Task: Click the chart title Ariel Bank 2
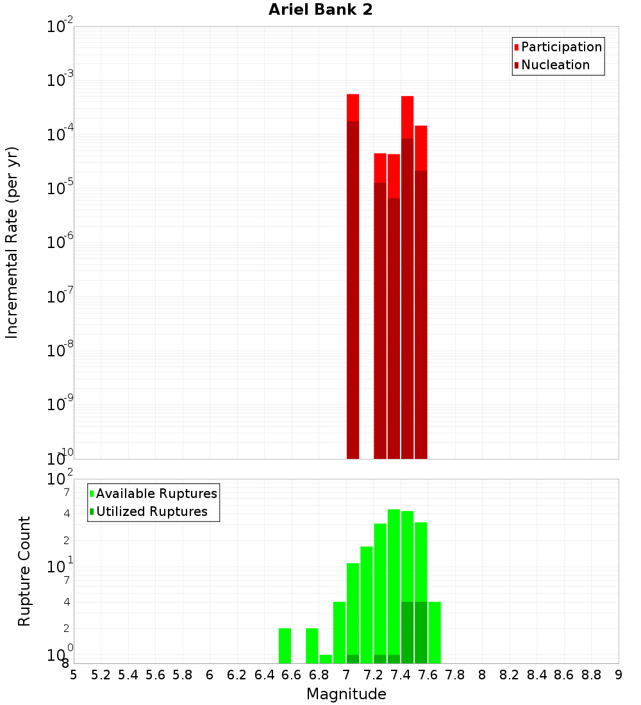point(320,10)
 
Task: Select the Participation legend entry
point(561,47)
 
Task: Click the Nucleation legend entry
point(555,65)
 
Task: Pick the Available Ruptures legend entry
point(156,494)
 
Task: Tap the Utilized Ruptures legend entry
point(151,512)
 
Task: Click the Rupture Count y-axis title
point(24,571)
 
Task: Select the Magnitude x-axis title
point(346,694)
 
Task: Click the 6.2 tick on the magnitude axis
point(237,675)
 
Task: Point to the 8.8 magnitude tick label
point(591,675)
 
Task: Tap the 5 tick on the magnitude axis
point(74,675)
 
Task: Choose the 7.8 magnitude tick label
point(455,675)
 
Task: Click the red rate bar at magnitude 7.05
point(353,276)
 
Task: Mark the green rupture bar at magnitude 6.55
point(285,646)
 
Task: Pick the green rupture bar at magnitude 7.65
point(435,633)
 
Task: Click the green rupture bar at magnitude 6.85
point(326,659)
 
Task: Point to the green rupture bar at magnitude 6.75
point(312,646)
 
